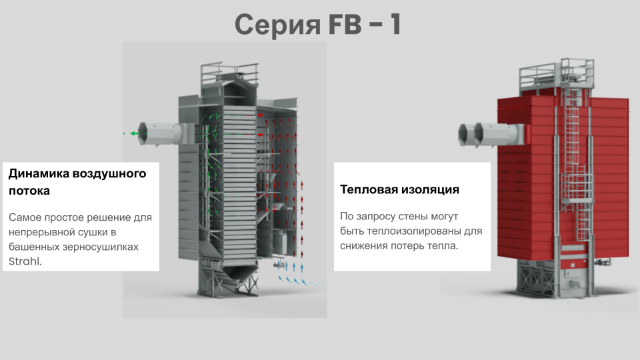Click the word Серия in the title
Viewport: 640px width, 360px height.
(277, 25)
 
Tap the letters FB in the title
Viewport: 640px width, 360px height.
(345, 24)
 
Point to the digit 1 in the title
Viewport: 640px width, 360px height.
(395, 24)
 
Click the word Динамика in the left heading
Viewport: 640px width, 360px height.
(39, 173)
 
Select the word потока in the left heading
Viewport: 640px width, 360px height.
(29, 191)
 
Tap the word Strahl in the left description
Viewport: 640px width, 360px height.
(25, 261)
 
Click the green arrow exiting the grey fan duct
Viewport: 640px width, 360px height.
(134, 133)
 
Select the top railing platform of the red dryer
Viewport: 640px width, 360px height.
(557, 73)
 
